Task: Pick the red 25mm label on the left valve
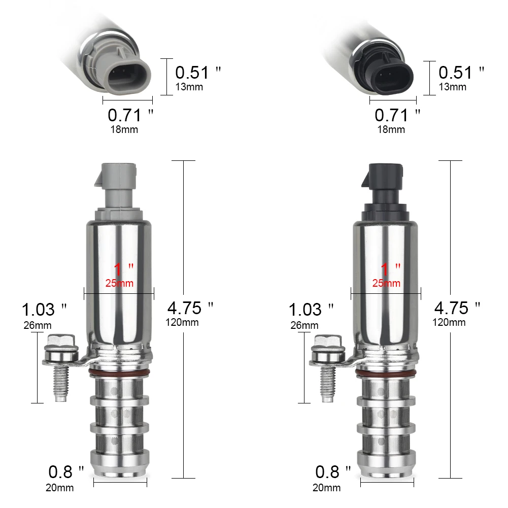pyautogui.click(x=119, y=283)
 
